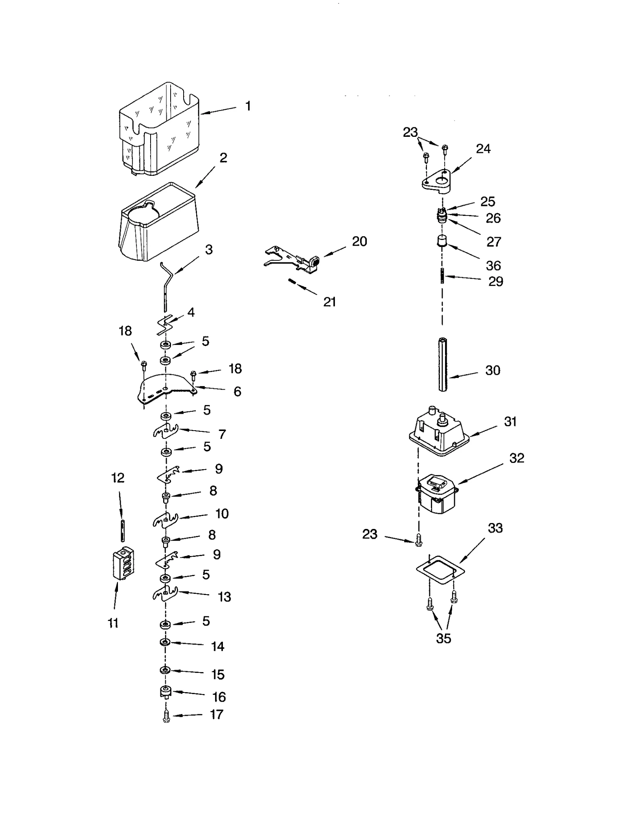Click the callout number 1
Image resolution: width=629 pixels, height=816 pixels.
(x=248, y=106)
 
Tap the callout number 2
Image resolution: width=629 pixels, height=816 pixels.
(x=223, y=158)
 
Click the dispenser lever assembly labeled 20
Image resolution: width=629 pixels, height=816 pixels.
(x=293, y=260)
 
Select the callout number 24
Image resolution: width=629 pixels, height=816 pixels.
(x=483, y=149)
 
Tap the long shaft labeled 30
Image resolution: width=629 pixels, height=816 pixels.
(x=443, y=364)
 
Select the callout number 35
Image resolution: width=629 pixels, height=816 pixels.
(x=443, y=638)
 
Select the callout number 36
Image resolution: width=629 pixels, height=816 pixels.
(x=493, y=265)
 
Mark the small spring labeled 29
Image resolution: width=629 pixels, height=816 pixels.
(x=443, y=275)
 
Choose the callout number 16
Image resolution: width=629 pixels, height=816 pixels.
(x=219, y=697)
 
